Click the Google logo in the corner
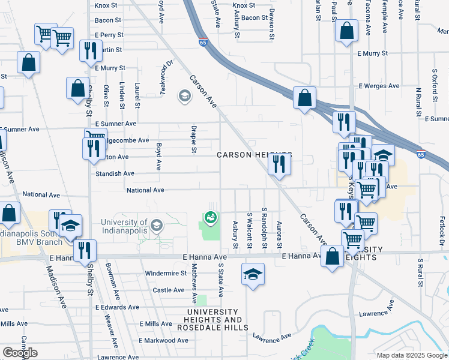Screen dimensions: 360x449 point(20,353)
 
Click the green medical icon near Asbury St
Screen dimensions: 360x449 point(211,217)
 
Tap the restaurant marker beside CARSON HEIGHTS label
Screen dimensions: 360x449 point(279,164)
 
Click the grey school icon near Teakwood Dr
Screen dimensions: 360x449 point(184,96)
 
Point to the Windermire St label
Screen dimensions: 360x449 point(166,274)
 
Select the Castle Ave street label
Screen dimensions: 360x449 point(169,290)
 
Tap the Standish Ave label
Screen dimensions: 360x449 point(115,173)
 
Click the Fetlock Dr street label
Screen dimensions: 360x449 point(442,230)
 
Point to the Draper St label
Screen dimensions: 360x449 point(194,139)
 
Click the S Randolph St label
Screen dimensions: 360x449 point(264,229)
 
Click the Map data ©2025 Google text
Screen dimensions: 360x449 point(412,355)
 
